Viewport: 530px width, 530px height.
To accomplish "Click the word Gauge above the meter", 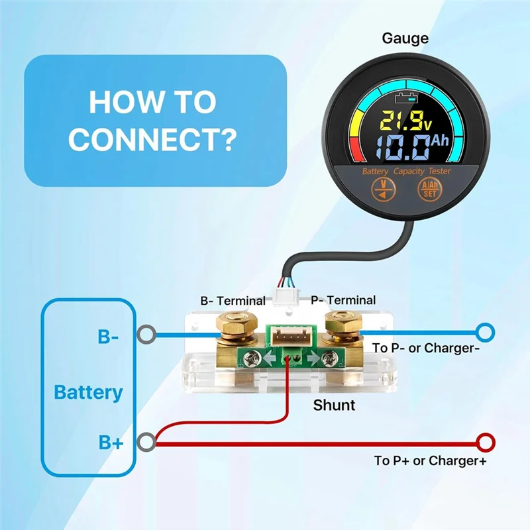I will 405,38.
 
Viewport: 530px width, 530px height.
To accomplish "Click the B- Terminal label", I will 233,300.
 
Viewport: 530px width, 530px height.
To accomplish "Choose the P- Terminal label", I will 343,300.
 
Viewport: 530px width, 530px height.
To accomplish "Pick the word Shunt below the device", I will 334,405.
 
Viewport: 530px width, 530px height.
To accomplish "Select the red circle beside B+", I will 146,441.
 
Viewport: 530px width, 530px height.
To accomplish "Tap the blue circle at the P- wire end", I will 486,331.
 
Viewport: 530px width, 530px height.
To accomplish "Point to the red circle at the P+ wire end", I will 486,441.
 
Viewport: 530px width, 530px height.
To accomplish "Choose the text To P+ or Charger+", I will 430,460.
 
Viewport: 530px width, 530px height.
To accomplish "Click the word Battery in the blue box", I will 88,392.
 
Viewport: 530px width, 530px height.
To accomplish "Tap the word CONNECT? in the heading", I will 152,139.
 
